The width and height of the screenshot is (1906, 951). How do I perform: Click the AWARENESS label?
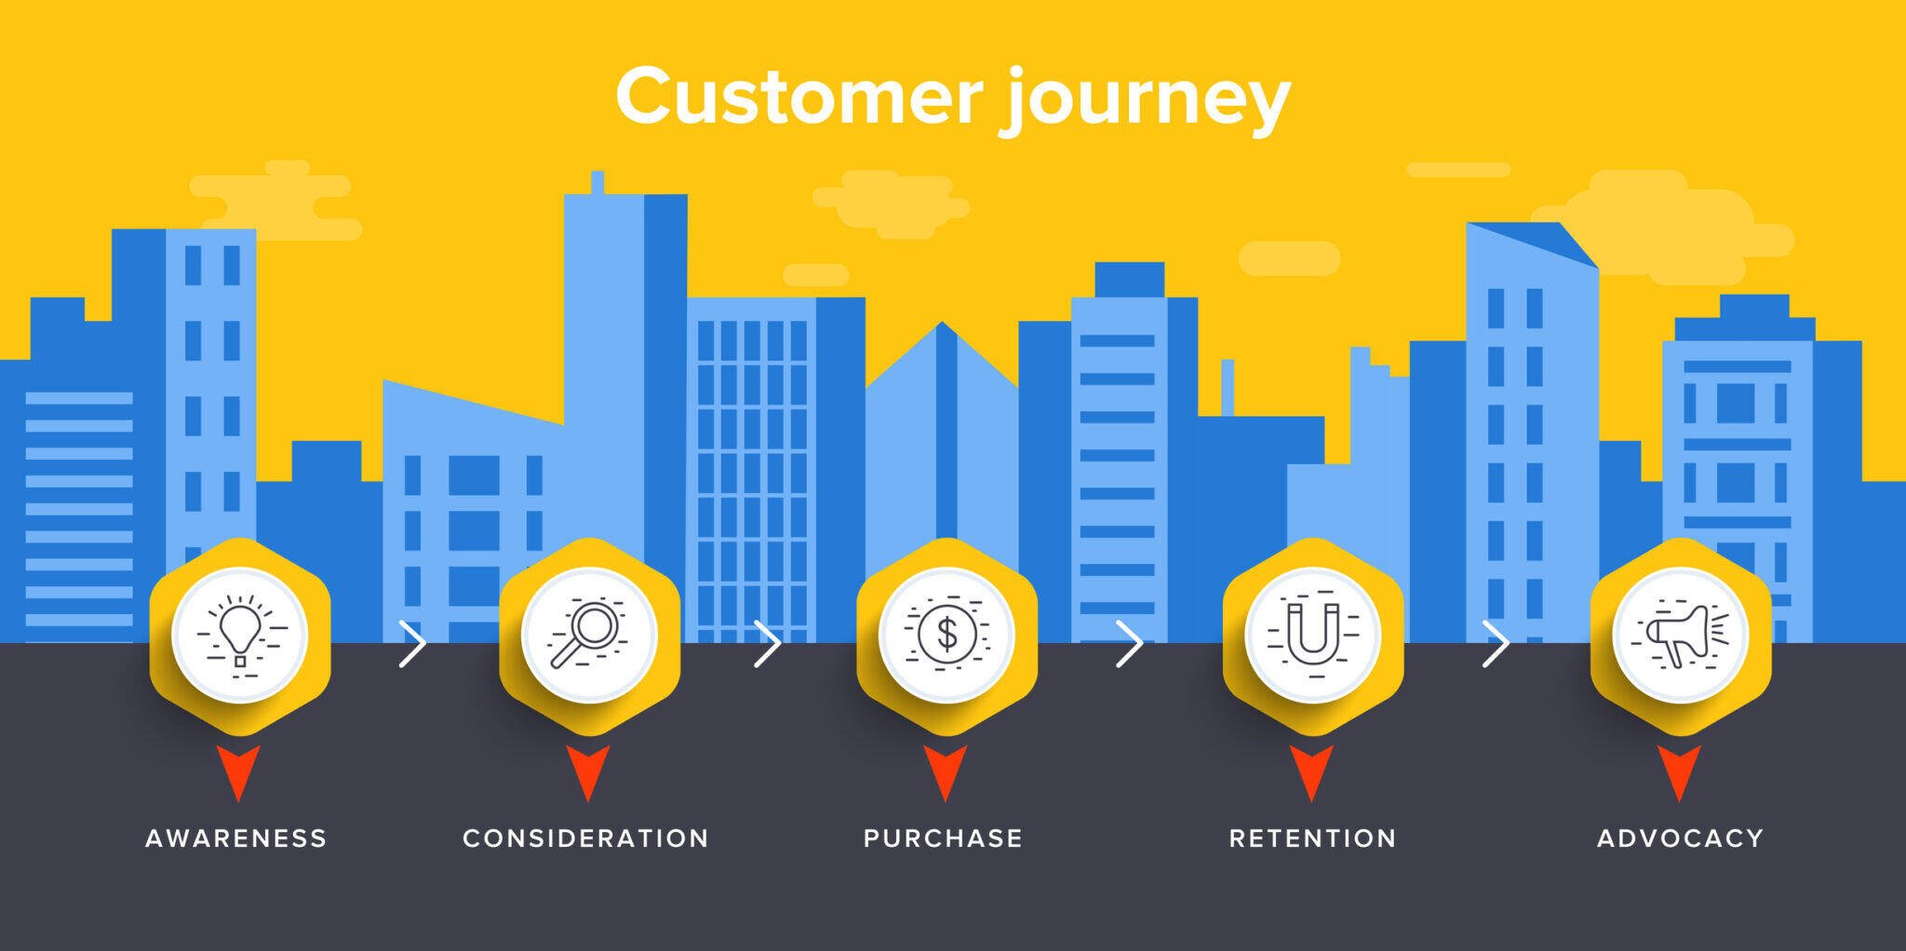(x=236, y=838)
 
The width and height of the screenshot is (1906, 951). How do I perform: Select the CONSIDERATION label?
(x=586, y=838)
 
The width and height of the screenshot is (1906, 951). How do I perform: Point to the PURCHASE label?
(x=944, y=838)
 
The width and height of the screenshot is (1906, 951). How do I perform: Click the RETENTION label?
(x=1312, y=838)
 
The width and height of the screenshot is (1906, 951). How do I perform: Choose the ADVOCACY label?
(x=1680, y=838)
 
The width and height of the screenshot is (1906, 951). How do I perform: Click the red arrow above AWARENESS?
(x=239, y=770)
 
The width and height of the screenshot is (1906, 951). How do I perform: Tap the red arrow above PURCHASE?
(x=946, y=770)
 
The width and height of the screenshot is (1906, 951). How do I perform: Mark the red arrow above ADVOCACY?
(x=1679, y=770)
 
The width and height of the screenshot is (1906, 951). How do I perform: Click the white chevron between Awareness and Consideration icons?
(x=412, y=643)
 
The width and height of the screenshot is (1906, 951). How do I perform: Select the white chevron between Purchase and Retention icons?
(x=1129, y=643)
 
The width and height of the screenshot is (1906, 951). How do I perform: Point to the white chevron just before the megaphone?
(x=1495, y=643)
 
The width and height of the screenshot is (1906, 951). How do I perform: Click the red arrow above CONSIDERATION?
(x=588, y=770)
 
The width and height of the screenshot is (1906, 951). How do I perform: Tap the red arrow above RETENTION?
(x=1311, y=770)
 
